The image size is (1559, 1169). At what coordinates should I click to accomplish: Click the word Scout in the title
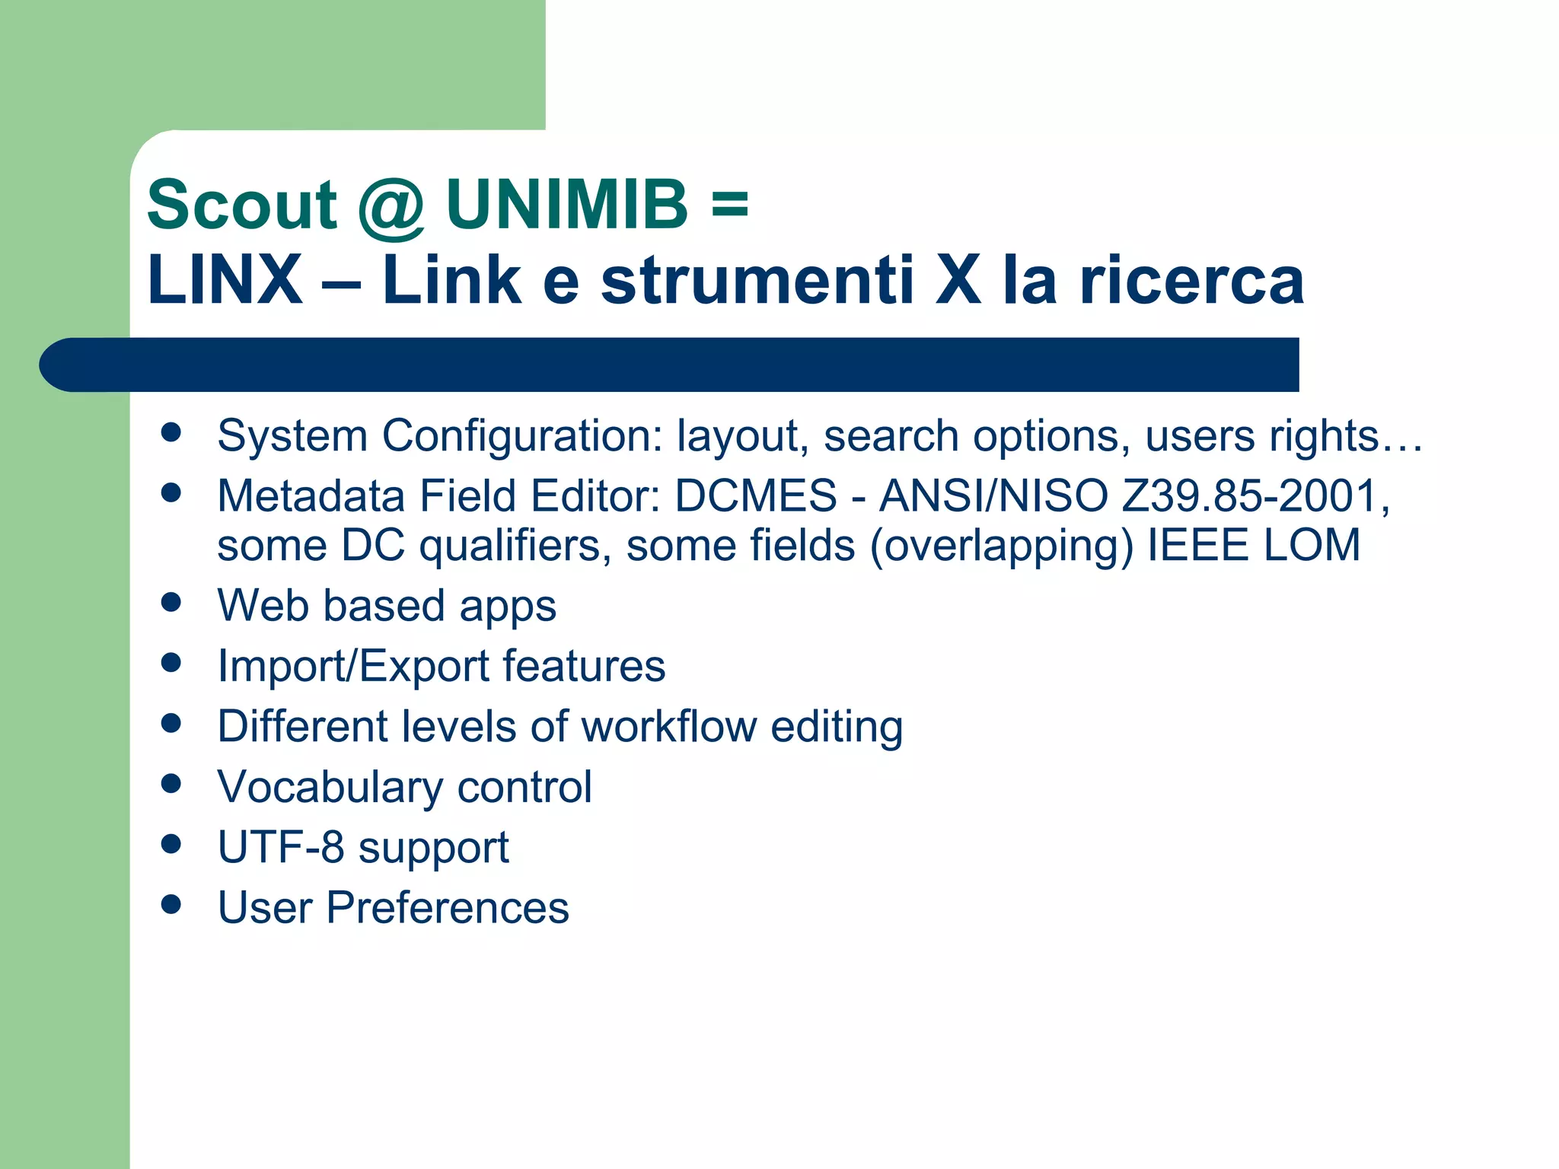pyautogui.click(x=241, y=205)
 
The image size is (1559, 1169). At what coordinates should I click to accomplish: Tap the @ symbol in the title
pyautogui.click(x=391, y=207)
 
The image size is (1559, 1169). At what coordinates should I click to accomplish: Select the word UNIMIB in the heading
pyautogui.click(x=567, y=205)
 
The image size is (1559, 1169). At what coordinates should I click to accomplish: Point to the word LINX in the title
pyautogui.click(x=225, y=280)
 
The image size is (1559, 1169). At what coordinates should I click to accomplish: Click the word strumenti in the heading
pyautogui.click(x=757, y=280)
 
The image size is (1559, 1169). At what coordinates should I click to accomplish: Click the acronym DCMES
pyautogui.click(x=756, y=496)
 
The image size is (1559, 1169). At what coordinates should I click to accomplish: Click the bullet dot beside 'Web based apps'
pyautogui.click(x=171, y=603)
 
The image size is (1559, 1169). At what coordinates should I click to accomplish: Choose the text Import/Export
pyautogui.click(x=352, y=666)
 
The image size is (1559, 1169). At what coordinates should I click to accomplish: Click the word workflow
pyautogui.click(x=668, y=726)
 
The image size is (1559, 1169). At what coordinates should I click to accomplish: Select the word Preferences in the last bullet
pyautogui.click(x=448, y=907)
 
